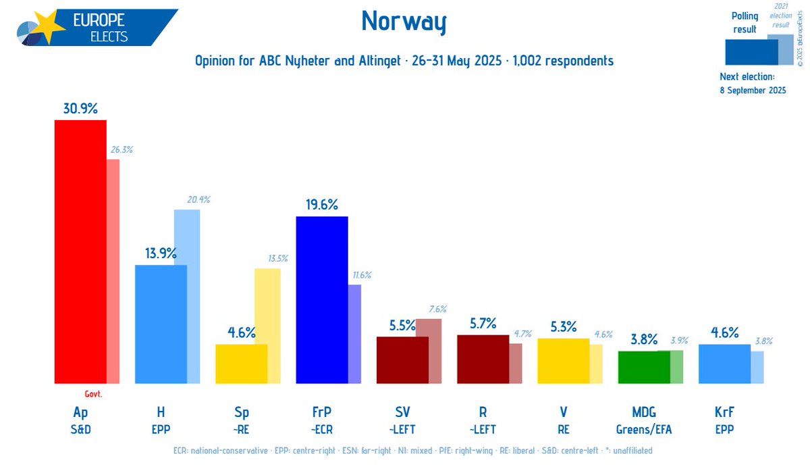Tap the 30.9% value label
pyautogui.click(x=80, y=108)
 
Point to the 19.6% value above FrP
pyautogui.click(x=322, y=205)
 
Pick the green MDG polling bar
pyautogui.click(x=644, y=367)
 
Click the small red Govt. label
pyautogui.click(x=93, y=394)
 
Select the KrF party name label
pyautogui.click(x=724, y=412)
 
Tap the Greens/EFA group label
pyautogui.click(x=644, y=428)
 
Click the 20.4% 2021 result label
pyautogui.click(x=198, y=199)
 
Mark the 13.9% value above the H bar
pyautogui.click(x=161, y=253)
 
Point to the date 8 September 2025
pyautogui.click(x=753, y=91)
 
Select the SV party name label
pyautogui.click(x=402, y=412)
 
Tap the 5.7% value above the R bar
pyautogui.click(x=483, y=323)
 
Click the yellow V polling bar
pyautogui.click(x=563, y=361)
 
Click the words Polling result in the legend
pyautogui.click(x=745, y=23)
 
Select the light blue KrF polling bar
pyautogui.click(x=724, y=364)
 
